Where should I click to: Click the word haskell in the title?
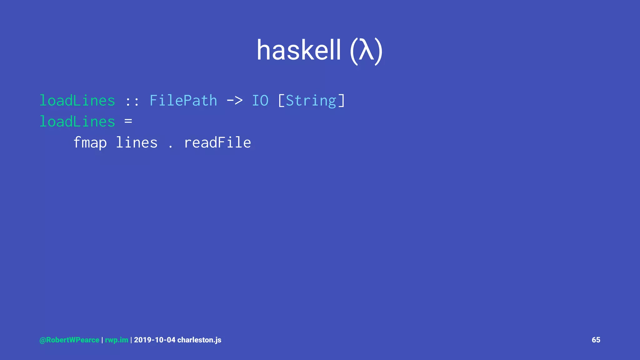[x=298, y=51]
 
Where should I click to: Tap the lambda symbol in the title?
[x=366, y=51]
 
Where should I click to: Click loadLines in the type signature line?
[x=77, y=101]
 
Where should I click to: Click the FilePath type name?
[x=183, y=101]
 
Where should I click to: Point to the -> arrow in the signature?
[x=234, y=101]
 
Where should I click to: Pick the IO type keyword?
[x=260, y=101]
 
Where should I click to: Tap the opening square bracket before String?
[x=281, y=101]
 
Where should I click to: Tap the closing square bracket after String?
[x=342, y=101]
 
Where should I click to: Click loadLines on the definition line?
[x=77, y=122]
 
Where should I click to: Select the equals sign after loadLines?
[x=128, y=121]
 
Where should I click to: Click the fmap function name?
[x=90, y=143]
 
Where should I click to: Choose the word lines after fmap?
[x=137, y=143]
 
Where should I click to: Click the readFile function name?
[x=217, y=143]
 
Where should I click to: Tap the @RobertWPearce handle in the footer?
[x=69, y=340]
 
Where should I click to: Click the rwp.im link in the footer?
[x=117, y=340]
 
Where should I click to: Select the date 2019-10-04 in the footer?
[x=155, y=340]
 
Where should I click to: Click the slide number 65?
[x=596, y=340]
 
